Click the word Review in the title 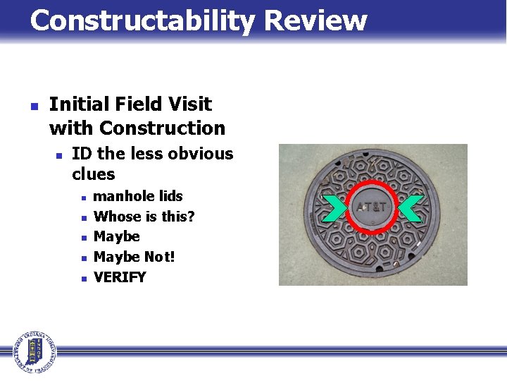(x=315, y=21)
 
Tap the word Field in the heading (x=134, y=104)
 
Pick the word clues (x=93, y=174)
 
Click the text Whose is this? (x=144, y=217)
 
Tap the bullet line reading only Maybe (x=116, y=236)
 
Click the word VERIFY (x=120, y=277)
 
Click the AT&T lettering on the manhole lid (x=372, y=208)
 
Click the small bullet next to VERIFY (x=83, y=278)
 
